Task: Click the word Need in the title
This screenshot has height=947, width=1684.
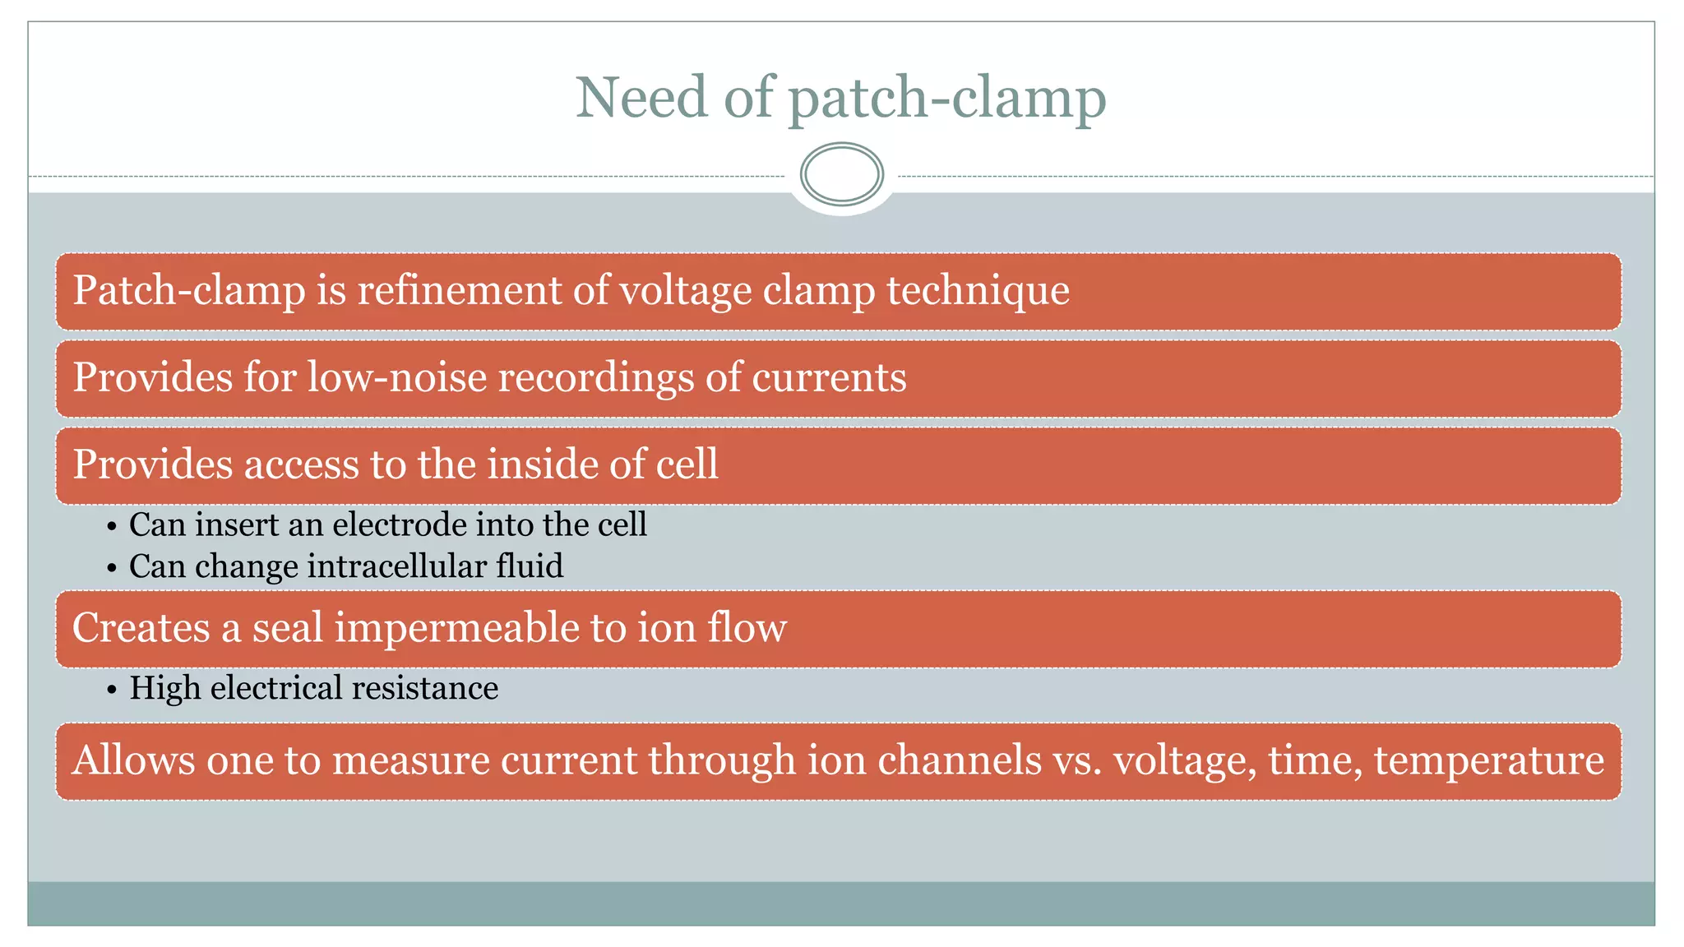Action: point(641,98)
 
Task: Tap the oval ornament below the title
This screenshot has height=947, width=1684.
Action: point(841,174)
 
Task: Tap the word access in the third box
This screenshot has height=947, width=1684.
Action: point(301,464)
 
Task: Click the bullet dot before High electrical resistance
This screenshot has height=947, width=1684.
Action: point(112,690)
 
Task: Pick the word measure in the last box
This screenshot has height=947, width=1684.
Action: point(411,760)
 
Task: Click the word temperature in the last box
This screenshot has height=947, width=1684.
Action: point(1488,760)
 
